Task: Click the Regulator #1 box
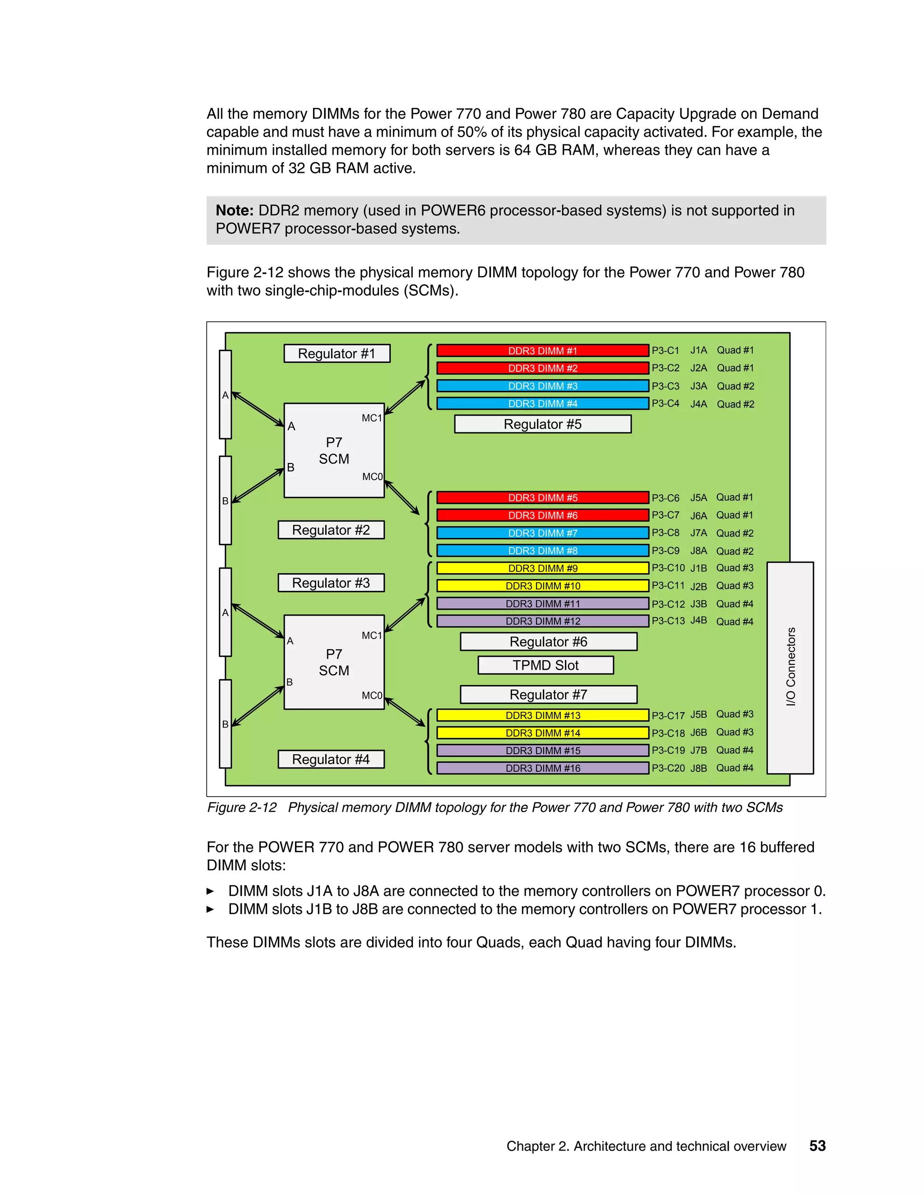(x=337, y=354)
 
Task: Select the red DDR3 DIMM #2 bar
(x=542, y=368)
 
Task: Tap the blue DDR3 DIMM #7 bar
(x=542, y=533)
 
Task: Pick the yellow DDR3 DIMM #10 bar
(x=542, y=586)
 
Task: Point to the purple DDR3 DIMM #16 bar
(x=542, y=768)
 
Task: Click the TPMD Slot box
(x=545, y=665)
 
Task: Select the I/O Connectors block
(x=790, y=667)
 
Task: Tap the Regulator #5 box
(x=542, y=424)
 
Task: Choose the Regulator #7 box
(x=549, y=695)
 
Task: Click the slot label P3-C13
(x=668, y=621)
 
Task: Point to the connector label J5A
(x=698, y=498)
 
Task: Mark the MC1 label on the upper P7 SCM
(x=372, y=418)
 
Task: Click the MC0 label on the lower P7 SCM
(x=372, y=695)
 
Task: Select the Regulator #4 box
(x=331, y=760)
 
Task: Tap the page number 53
(x=817, y=1145)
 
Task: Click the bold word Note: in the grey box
(x=234, y=211)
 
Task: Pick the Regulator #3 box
(x=331, y=583)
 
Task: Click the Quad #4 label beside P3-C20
(x=735, y=768)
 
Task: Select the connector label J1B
(x=698, y=568)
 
